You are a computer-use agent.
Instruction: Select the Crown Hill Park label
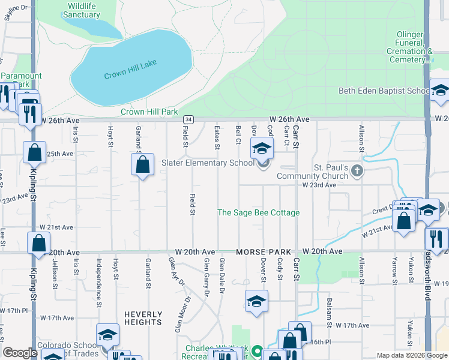pyautogui.click(x=149, y=112)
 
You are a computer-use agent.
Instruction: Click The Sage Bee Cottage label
pyautogui.click(x=258, y=212)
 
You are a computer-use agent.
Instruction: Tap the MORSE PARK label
pyautogui.click(x=264, y=252)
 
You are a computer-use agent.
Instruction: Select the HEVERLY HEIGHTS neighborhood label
pyautogui.click(x=143, y=318)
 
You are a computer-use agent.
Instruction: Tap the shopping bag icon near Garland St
pyautogui.click(x=142, y=166)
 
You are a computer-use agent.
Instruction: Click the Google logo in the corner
pyautogui.click(x=20, y=353)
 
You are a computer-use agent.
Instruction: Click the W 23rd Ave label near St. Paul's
pyautogui.click(x=319, y=185)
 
